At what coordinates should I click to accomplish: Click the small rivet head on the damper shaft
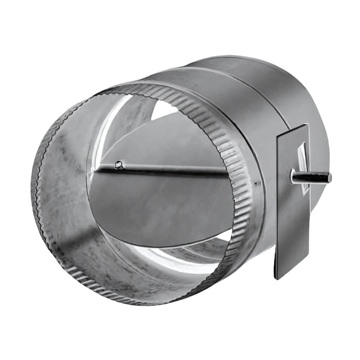pyautogui.click(x=119, y=164)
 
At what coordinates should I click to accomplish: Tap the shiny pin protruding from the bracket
pyautogui.click(x=312, y=177)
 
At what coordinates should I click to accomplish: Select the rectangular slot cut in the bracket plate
pyautogui.click(x=303, y=167)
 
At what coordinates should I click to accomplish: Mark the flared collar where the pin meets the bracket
pyautogui.click(x=293, y=177)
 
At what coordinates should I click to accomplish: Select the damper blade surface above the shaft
pyautogui.click(x=167, y=143)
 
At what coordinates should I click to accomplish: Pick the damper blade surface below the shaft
pyautogui.click(x=160, y=207)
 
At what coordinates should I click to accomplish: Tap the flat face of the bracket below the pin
pyautogui.click(x=290, y=227)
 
